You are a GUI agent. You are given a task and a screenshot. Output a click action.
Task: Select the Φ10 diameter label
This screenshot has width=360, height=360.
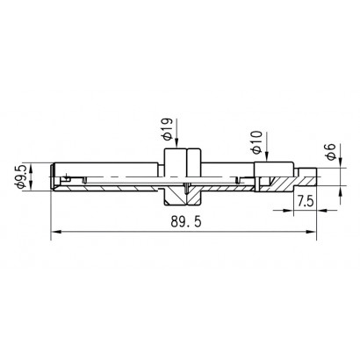256,142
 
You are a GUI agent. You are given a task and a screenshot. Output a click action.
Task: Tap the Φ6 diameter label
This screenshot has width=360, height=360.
331,152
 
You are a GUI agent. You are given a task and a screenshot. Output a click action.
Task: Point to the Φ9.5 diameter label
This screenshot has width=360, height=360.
22,176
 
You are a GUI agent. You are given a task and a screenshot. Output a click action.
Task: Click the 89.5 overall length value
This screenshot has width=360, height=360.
186,222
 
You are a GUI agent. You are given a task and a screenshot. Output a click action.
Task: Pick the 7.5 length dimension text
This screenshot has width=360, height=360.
306,201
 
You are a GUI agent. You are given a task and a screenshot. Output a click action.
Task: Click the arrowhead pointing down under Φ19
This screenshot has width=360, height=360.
176,143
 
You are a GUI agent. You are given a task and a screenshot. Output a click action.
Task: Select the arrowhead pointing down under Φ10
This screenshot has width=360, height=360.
267,157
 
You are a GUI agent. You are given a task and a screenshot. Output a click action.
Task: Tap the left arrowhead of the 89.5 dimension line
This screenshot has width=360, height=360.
55,232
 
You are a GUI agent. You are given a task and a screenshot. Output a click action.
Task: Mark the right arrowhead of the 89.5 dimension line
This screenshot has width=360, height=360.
312,232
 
